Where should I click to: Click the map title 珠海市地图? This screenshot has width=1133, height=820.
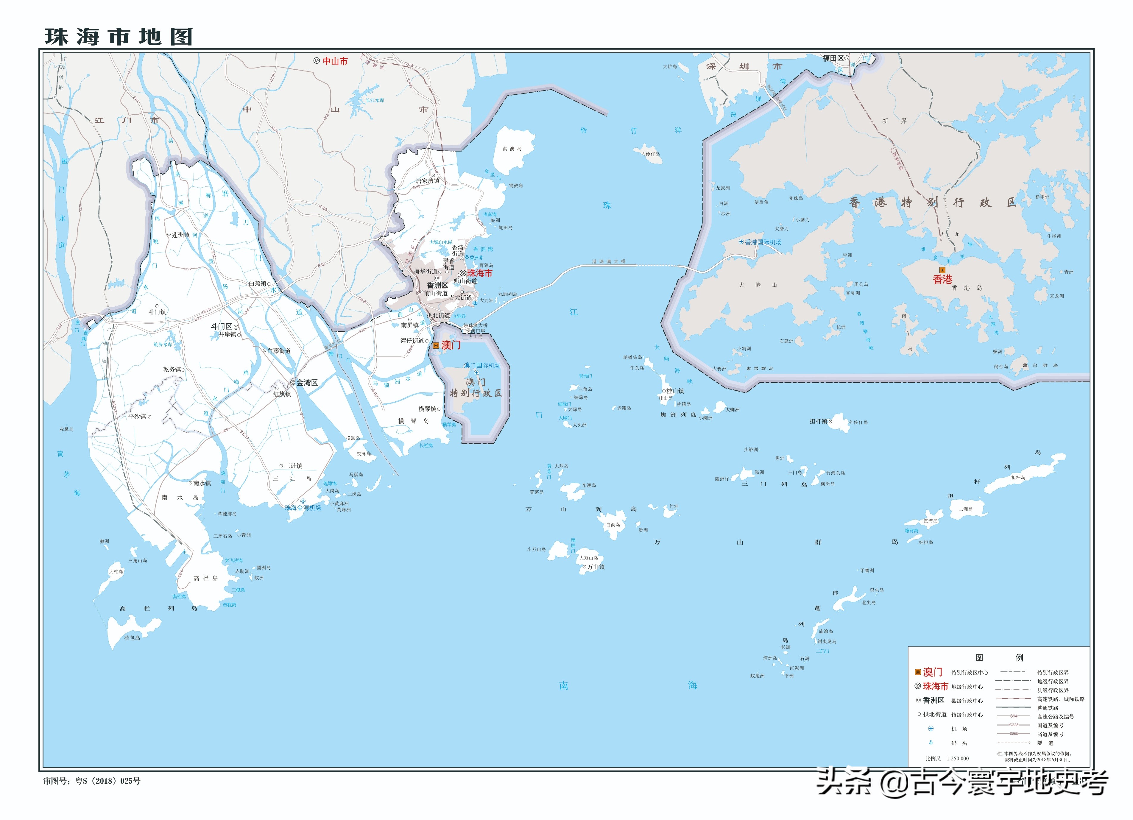click(119, 37)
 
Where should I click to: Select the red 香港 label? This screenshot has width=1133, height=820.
click(942, 280)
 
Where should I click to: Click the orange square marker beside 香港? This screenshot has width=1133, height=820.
click(942, 270)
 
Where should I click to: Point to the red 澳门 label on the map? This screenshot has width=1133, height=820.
click(451, 345)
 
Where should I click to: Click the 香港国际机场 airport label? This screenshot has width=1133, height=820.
click(763, 242)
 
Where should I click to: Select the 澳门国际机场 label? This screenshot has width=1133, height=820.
click(482, 366)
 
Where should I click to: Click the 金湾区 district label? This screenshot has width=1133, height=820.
click(307, 383)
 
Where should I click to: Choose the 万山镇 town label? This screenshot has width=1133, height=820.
click(596, 567)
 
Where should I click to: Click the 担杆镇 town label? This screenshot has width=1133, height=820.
click(818, 422)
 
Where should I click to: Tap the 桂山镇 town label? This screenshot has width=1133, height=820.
click(675, 391)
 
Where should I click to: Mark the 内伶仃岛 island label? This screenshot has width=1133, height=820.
click(650, 154)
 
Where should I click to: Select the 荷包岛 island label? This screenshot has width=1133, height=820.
click(132, 638)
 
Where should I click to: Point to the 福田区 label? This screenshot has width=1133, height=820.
click(833, 58)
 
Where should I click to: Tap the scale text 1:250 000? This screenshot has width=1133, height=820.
click(958, 759)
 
